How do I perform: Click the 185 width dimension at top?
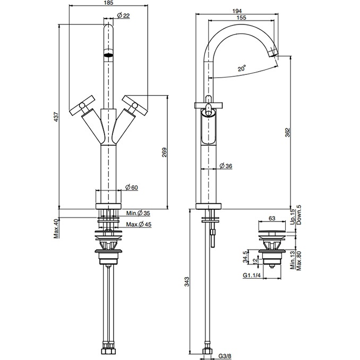[x=109, y=3]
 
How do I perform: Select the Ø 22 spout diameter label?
[x=123, y=15]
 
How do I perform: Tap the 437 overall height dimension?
[x=56, y=117]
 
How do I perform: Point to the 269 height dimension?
[x=164, y=152]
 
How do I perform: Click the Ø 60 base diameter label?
[x=132, y=187]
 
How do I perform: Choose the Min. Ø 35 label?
[x=138, y=213]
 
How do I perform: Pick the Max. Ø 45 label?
[x=139, y=224]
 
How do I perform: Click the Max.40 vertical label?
[x=56, y=228]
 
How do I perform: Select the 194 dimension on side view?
[x=237, y=11]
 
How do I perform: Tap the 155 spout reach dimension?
[x=241, y=18]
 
